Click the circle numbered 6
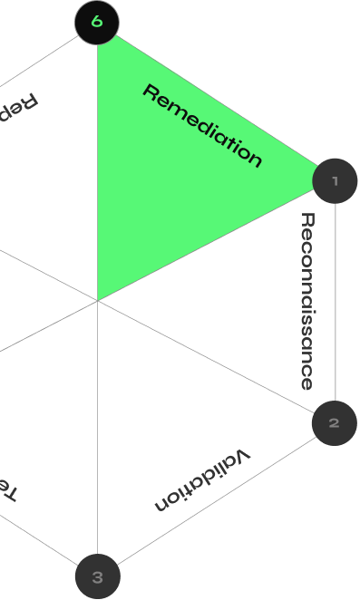pyautogui.click(x=97, y=23)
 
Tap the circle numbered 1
pyautogui.click(x=336, y=181)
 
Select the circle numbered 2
pyautogui.click(x=335, y=423)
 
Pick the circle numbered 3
pyautogui.click(x=98, y=576)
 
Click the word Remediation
pyautogui.click(x=203, y=126)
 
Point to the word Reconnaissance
pyautogui.click(x=307, y=301)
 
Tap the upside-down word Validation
pyautogui.click(x=202, y=479)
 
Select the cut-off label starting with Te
pyautogui.click(x=7, y=489)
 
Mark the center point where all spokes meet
pyautogui.click(x=98, y=301)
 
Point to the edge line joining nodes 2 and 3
pyautogui.click(x=218, y=499)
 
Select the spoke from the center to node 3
pyautogui.click(x=98, y=435)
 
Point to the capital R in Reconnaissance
pyautogui.click(x=307, y=220)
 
